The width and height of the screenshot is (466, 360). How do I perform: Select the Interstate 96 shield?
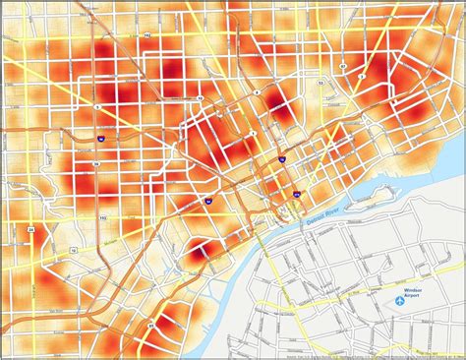pyautogui.click(x=101, y=141)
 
